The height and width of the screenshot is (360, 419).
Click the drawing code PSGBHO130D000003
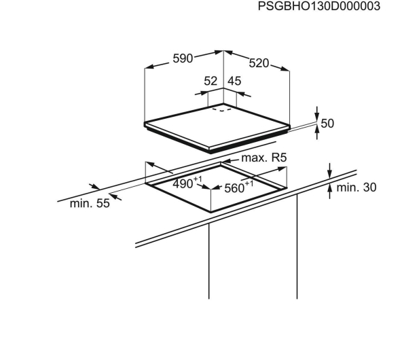tap(318, 6)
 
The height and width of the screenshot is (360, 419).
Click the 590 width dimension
tap(183, 58)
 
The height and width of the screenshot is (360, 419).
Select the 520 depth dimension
tap(259, 63)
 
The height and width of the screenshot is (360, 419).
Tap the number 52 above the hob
tap(211, 81)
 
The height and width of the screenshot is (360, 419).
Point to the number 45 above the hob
tap(234, 81)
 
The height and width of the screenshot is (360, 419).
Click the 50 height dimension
tap(327, 124)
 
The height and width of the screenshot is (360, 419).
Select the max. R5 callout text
tap(264, 158)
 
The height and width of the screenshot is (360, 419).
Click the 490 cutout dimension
tap(183, 184)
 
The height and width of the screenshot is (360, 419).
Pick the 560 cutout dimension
tap(234, 188)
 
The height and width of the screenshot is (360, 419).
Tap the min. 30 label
tap(357, 187)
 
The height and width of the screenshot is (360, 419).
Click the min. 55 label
tap(90, 203)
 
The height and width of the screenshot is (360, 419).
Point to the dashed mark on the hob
tap(222, 109)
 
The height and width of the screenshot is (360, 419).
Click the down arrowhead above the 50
tap(317, 117)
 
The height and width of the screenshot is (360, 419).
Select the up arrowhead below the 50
tap(317, 130)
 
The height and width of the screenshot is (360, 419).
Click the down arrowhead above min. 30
tap(330, 174)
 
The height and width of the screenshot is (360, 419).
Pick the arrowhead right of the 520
tap(285, 69)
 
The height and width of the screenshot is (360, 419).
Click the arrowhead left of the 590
tap(149, 67)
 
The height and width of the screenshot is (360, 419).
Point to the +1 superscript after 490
tap(198, 179)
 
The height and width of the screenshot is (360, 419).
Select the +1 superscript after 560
tap(249, 183)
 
